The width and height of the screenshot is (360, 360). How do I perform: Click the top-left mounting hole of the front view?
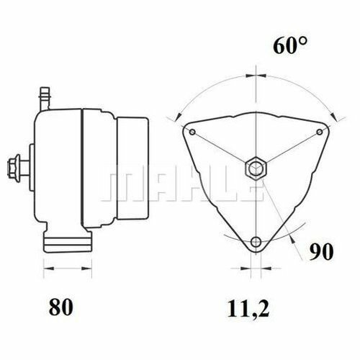[192, 132]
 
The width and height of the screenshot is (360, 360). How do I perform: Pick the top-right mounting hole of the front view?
[319, 132]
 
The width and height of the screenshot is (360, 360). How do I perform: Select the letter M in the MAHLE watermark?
[120, 188]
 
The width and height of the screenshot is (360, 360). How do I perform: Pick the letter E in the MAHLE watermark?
[249, 188]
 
